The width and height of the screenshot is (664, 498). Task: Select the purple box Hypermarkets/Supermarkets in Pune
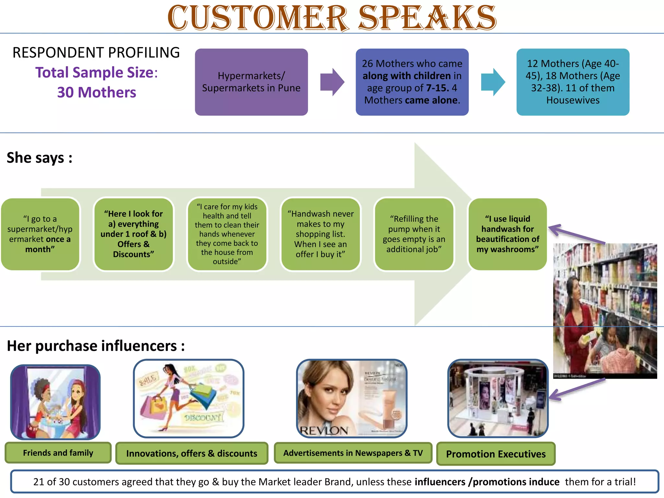(251, 82)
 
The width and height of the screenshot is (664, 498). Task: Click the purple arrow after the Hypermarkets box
(332, 82)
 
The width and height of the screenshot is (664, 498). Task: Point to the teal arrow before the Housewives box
(493, 82)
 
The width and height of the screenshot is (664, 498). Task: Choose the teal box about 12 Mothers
(573, 82)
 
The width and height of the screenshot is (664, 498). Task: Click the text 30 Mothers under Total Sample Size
(97, 92)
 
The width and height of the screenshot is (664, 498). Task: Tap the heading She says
(39, 158)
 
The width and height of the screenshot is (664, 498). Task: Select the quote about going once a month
(40, 234)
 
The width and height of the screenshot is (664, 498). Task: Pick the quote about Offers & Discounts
(133, 234)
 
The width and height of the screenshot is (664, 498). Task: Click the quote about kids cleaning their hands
(227, 234)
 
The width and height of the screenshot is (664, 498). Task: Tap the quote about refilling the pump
(414, 234)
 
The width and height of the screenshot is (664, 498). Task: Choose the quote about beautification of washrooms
(507, 234)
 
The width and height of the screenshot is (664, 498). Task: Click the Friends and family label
(58, 453)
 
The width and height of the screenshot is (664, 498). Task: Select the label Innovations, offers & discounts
(192, 453)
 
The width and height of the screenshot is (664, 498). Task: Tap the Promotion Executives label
(496, 454)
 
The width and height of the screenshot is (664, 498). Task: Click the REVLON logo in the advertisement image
(324, 431)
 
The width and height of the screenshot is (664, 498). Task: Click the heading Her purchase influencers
(96, 346)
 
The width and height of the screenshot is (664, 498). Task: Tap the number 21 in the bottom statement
(39, 482)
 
